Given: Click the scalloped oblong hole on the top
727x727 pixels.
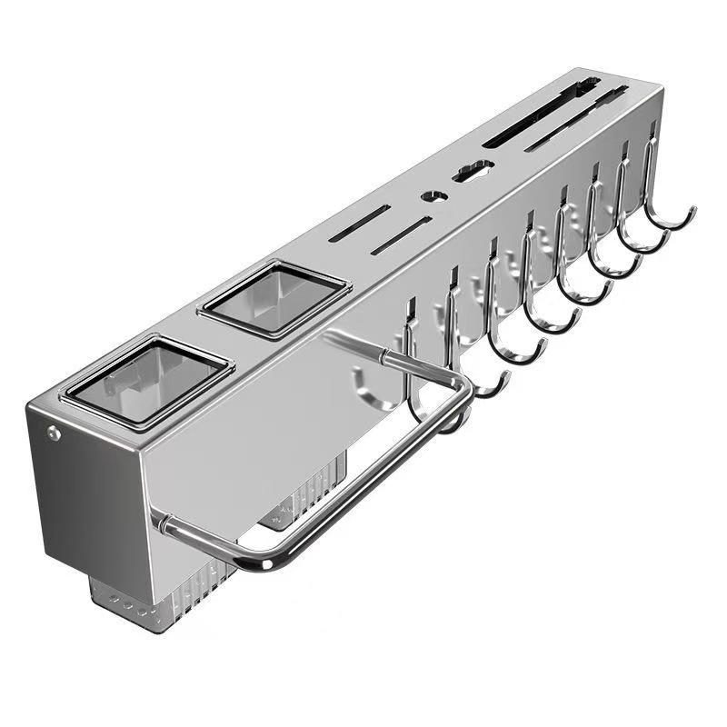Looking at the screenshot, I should (473, 169).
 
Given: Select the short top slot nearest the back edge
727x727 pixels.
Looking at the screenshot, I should (361, 224).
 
